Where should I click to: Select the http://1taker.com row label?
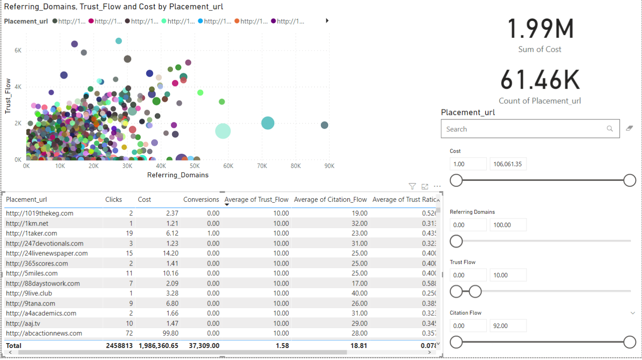point(31,233)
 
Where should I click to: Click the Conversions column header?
point(201,200)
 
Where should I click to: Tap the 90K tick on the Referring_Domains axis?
point(329,166)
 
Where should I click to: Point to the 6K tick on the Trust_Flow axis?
point(18,51)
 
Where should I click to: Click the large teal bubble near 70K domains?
point(267,123)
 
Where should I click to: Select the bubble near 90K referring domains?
point(325,125)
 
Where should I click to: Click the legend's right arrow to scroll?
point(327,20)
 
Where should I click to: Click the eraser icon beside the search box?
point(629,129)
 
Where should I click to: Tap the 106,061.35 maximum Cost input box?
point(508,164)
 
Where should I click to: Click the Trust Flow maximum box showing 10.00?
point(508,275)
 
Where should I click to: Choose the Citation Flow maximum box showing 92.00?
point(508,326)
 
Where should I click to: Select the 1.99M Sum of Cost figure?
point(540,29)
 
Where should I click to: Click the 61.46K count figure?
point(540,81)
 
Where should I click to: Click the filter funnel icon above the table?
point(412,186)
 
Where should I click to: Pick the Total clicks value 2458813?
point(119,346)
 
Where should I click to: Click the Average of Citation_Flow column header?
point(330,200)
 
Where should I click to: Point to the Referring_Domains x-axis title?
point(178,175)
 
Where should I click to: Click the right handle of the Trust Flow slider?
point(475,291)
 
